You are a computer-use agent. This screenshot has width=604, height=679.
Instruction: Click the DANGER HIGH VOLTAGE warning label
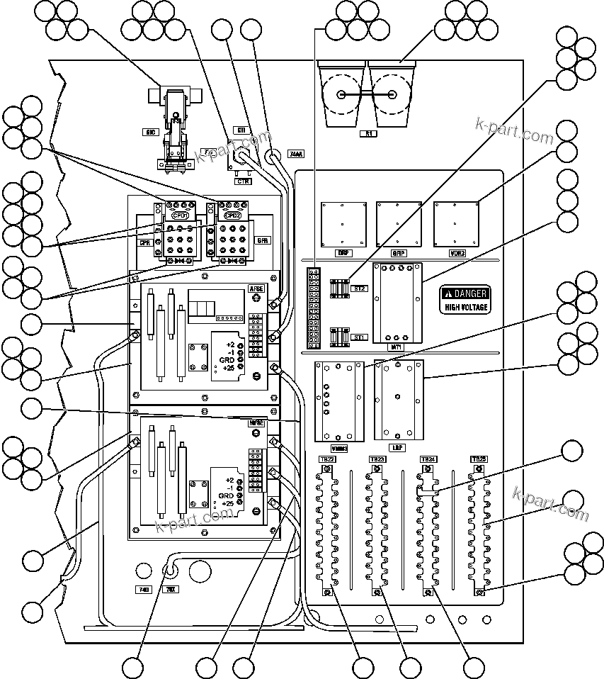(465, 300)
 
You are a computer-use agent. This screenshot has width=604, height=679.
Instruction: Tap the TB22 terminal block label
(326, 459)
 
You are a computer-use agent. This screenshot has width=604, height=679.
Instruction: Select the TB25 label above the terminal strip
(479, 459)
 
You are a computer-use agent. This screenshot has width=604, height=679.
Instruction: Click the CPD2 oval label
(233, 215)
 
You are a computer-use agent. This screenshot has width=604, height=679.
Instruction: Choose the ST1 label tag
(358, 337)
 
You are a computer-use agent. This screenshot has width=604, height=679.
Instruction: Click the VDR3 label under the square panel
(457, 252)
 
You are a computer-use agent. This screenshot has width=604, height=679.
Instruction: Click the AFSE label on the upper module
(256, 288)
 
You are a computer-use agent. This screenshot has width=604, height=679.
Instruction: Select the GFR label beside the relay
(263, 240)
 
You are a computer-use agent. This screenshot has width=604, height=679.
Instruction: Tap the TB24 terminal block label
(428, 459)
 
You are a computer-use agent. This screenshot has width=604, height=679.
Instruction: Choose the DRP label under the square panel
(343, 252)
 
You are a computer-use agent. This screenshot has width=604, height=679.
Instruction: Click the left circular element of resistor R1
(342, 94)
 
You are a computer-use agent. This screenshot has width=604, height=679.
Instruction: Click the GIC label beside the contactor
(151, 132)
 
